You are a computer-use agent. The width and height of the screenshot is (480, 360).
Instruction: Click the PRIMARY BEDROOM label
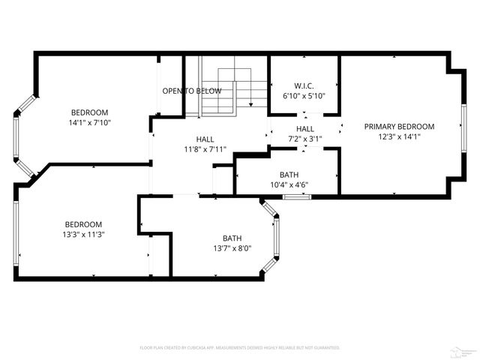[399, 127]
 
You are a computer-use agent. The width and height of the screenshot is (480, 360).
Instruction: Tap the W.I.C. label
[304, 85]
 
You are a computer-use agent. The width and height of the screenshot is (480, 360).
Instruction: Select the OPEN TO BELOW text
[192, 91]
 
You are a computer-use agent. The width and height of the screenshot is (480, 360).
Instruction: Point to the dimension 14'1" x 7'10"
[90, 121]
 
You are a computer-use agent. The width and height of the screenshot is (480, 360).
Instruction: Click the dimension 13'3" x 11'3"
[83, 234]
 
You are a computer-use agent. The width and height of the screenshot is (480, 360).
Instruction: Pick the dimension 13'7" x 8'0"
[232, 248]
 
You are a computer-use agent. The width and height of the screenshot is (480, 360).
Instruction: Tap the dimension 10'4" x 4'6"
[289, 184]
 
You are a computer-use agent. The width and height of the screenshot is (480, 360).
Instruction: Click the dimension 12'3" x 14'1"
[399, 136]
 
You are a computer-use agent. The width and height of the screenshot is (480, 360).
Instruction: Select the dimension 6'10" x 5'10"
[304, 96]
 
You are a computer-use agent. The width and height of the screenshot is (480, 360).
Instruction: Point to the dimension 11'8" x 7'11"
[205, 148]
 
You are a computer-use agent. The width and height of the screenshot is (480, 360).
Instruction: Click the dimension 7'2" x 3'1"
[305, 139]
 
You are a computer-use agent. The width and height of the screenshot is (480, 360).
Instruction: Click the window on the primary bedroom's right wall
[463, 127]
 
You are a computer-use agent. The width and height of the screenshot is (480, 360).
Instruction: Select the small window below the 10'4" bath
[297, 196]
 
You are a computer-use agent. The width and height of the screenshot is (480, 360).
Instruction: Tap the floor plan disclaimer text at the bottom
[240, 348]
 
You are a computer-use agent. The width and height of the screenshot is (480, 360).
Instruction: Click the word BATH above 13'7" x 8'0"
[232, 238]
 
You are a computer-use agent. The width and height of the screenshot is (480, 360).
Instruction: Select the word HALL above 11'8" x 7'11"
[205, 139]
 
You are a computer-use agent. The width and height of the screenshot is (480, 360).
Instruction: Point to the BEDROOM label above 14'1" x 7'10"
[90, 112]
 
